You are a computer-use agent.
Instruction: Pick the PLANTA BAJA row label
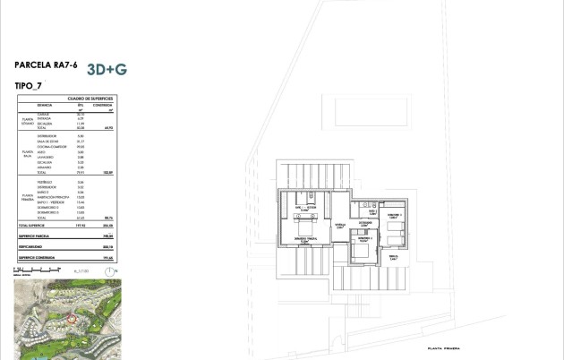tap(28, 155)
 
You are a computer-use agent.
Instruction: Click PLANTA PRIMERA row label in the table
tap(28, 197)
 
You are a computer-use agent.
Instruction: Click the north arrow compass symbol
tap(115, 269)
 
